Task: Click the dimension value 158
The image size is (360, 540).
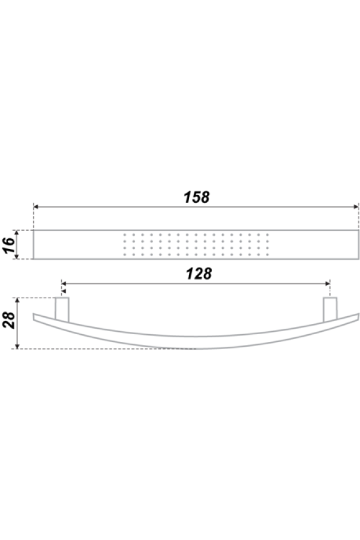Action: [x=196, y=197]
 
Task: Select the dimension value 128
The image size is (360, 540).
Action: [x=199, y=274]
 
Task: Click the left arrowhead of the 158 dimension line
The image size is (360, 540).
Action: [x=35, y=206]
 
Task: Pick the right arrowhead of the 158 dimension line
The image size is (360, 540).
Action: [x=356, y=206]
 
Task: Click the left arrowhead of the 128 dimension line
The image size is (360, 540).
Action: [x=64, y=283]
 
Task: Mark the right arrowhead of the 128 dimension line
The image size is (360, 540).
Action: [x=328, y=283]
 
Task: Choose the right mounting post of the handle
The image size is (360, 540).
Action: [x=329, y=310]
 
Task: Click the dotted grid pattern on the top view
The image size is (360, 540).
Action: [x=196, y=244]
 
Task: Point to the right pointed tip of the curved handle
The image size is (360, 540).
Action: [x=358, y=314]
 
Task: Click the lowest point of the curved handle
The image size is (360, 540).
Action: [x=196, y=349]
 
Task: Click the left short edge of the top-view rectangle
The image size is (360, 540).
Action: [x=34, y=244]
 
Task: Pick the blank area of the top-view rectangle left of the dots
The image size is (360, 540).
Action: [x=78, y=244]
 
